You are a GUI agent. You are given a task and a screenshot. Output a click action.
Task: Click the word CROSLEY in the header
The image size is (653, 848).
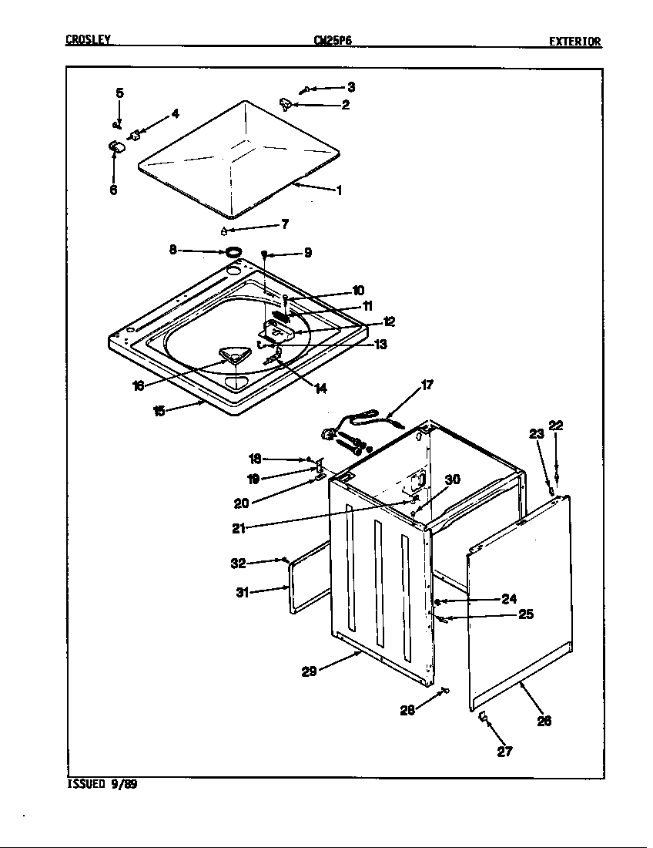click(x=89, y=42)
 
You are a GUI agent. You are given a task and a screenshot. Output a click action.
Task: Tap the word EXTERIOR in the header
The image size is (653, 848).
click(x=574, y=42)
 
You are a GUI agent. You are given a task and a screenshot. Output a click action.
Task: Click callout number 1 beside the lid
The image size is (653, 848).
click(x=339, y=190)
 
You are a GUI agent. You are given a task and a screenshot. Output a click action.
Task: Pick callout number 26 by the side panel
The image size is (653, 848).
click(x=544, y=722)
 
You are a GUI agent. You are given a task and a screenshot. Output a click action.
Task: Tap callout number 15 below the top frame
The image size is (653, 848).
click(x=159, y=412)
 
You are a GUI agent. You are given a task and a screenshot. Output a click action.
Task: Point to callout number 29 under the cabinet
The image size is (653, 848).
click(x=309, y=671)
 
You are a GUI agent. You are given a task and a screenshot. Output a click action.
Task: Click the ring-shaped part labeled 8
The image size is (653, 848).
click(x=232, y=251)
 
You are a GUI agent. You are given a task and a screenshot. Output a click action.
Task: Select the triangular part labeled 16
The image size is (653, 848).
click(x=229, y=355)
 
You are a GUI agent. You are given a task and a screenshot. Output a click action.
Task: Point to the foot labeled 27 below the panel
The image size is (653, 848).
click(x=484, y=718)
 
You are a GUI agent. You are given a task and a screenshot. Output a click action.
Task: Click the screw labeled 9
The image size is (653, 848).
click(x=264, y=254)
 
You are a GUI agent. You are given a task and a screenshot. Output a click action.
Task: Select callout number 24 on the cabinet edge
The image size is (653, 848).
click(x=509, y=599)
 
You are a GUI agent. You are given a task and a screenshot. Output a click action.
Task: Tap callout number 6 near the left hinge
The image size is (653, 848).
click(x=113, y=190)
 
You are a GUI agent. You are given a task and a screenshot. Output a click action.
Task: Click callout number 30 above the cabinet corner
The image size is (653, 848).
click(x=453, y=480)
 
